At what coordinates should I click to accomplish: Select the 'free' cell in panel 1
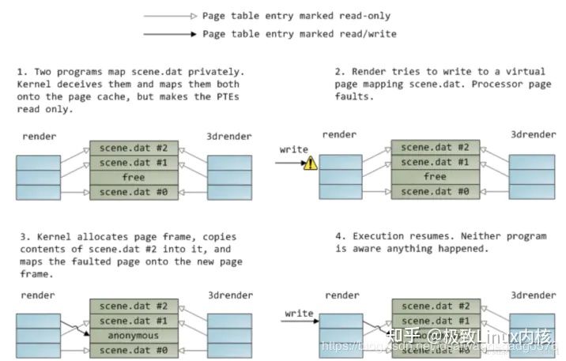[x=133, y=178]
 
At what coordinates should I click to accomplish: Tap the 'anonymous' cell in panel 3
[x=133, y=334]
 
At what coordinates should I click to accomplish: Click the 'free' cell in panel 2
[x=435, y=178]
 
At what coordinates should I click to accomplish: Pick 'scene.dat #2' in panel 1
[x=133, y=148]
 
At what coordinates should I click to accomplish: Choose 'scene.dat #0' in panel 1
[x=133, y=193]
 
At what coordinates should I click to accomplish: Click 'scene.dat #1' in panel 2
[x=435, y=163]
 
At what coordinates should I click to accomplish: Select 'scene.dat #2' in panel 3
[x=133, y=305]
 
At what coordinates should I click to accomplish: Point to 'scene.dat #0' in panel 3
[x=133, y=349]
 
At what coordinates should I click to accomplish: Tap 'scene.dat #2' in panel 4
[x=435, y=305]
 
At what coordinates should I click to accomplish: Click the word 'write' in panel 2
[x=294, y=149]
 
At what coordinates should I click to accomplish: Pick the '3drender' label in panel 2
[x=533, y=136]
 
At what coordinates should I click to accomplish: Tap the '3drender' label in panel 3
[x=230, y=295]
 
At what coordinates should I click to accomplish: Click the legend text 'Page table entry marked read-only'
[x=296, y=16]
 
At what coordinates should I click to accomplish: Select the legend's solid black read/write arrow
[x=169, y=34]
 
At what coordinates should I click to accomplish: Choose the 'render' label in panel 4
[x=342, y=295]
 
